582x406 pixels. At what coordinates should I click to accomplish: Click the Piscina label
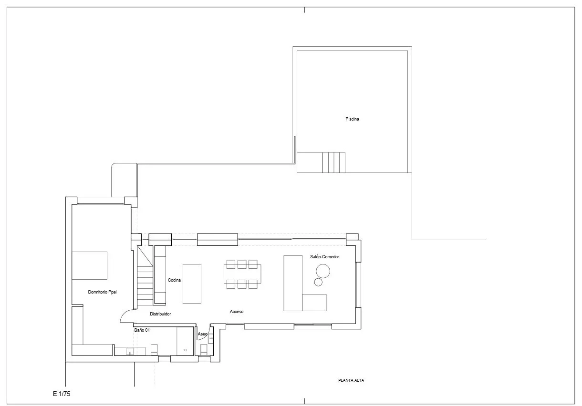point(352,119)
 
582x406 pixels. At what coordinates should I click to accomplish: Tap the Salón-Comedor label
point(324,257)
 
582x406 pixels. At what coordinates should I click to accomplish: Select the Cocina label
point(174,280)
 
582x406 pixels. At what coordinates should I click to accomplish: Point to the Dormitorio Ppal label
point(102,292)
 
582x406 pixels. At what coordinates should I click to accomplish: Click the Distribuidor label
point(160,314)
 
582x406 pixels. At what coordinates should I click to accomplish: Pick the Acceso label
point(237,312)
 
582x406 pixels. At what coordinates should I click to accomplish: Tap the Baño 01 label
point(142,330)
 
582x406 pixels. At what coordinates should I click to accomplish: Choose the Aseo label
point(202,334)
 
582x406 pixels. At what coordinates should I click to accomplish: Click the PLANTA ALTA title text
point(351,380)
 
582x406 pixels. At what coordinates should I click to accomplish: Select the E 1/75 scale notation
point(62,394)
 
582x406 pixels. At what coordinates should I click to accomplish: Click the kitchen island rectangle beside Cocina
point(192,284)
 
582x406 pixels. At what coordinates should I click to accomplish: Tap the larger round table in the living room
point(323,271)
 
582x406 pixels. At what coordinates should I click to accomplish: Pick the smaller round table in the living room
point(318,282)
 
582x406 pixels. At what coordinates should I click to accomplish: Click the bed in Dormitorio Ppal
point(89,265)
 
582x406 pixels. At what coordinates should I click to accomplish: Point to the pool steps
point(334,162)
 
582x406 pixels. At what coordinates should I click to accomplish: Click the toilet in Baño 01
point(154,350)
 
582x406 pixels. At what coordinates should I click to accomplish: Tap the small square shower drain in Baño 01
point(185,350)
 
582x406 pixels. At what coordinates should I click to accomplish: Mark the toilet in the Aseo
point(204,350)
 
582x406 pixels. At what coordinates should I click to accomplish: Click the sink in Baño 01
point(130,352)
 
